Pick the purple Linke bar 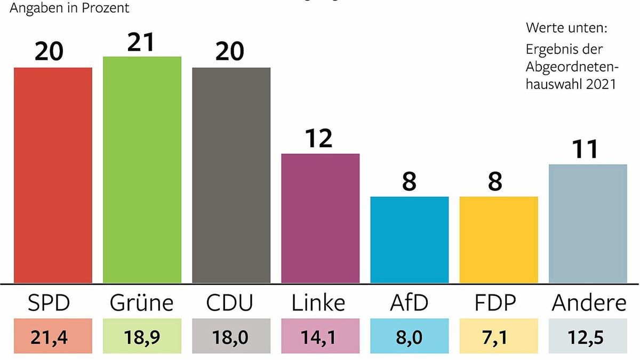pos(320,218)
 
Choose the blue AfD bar pos(409,239)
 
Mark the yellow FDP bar pos(498,239)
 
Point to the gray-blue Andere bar pos(587,223)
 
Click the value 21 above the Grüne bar pos(142,41)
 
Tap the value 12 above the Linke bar pos(320,138)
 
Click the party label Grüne pos(142,303)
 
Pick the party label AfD pos(409,303)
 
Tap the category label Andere pos(589,303)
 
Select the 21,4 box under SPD pos(53,337)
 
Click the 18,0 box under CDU pos(231,337)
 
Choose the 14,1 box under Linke pos(320,337)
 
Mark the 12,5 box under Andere pos(587,337)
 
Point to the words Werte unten pos(566,27)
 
